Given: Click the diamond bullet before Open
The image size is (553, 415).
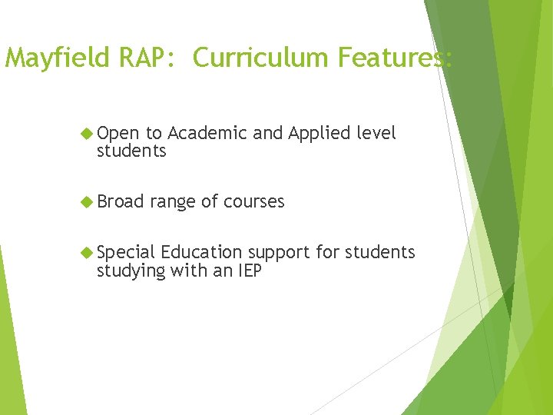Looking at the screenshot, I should [87, 134].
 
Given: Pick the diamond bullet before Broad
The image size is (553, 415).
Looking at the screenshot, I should [87, 202].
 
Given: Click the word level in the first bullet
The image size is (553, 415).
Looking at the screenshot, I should [376, 134].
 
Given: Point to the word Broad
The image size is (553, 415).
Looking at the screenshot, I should [121, 202].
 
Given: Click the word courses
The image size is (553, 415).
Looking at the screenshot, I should [253, 202].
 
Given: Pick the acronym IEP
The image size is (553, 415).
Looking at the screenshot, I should [247, 271].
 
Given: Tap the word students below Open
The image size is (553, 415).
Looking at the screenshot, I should [131, 151].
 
